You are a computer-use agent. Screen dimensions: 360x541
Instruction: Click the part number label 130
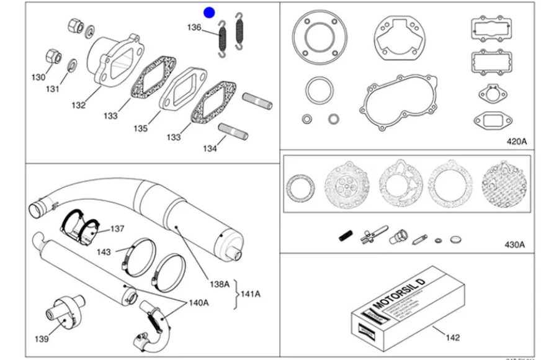point(38,77)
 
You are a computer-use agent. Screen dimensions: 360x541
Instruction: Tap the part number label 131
point(52,89)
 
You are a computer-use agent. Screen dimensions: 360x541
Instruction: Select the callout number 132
point(78,106)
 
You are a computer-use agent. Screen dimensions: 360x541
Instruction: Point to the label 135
point(140,129)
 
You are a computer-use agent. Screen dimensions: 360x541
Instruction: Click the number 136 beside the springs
point(194,27)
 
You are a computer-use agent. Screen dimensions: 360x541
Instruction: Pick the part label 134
point(210,148)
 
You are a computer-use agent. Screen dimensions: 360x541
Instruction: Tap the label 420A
point(516,142)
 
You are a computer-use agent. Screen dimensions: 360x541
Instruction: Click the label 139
point(41,339)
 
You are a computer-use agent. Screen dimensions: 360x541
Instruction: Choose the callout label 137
point(118,229)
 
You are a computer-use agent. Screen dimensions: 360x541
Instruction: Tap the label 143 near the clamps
point(104,252)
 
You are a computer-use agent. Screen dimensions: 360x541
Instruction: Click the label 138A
point(219,284)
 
